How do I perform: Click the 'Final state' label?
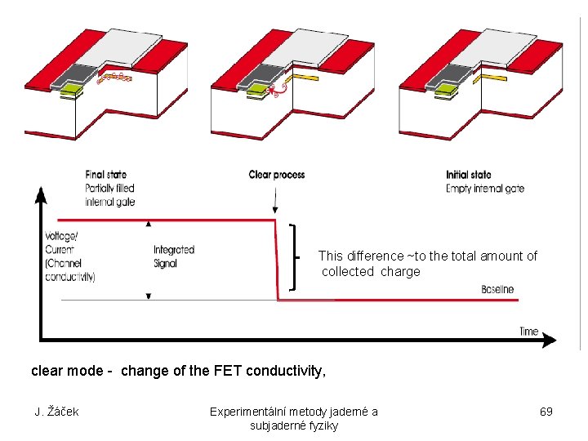point(106,175)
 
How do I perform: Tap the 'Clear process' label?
point(276,175)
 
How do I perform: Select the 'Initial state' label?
point(469,175)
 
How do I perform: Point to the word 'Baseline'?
point(497,289)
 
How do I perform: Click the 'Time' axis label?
point(529,331)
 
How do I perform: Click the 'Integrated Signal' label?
point(174,256)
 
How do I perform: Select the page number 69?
point(546,412)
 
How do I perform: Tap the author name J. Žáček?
point(56,412)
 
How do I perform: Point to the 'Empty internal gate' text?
point(485,189)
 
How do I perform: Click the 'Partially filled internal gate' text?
point(109,195)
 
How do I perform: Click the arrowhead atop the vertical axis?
point(40,194)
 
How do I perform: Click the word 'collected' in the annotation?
point(348,272)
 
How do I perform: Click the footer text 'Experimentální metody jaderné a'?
point(293,412)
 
